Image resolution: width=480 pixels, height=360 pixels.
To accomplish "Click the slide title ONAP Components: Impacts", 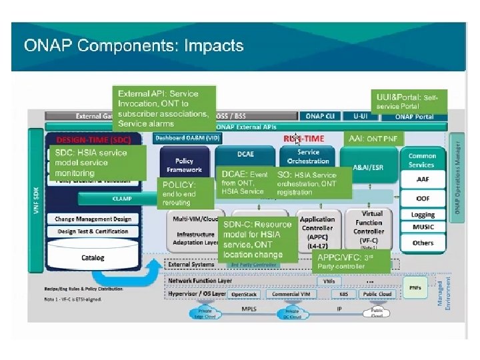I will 134,46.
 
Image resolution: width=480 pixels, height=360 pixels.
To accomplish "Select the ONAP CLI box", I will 320,116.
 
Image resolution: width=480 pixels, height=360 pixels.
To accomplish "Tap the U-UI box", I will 361,116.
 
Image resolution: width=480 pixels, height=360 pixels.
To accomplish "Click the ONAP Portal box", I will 413,116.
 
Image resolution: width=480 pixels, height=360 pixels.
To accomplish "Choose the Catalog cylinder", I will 93,257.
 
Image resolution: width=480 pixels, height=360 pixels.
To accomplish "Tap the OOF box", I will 423,197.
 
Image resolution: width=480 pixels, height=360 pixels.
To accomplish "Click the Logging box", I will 423,215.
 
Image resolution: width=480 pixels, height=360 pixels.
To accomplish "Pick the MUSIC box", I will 423,227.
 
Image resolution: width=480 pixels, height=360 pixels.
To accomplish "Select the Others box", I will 423,243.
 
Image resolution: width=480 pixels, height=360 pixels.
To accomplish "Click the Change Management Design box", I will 93,219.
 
